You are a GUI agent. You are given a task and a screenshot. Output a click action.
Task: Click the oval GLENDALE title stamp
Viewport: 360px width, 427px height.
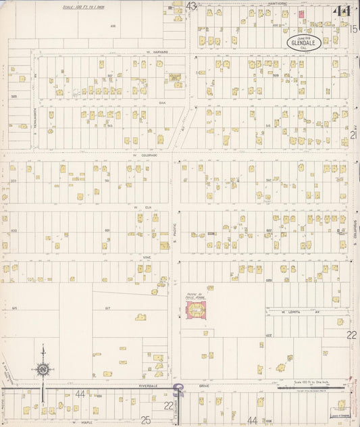point(301,42)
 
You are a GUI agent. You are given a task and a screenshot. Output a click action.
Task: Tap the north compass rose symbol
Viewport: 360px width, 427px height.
point(43,370)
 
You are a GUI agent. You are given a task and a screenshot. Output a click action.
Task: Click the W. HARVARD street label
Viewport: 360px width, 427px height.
point(157,52)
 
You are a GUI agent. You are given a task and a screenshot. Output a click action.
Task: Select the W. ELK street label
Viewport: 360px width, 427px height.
point(140,207)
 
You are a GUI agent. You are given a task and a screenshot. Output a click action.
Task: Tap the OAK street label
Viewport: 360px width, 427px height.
point(162,103)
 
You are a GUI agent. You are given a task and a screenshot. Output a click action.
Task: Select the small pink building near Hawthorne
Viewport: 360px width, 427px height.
point(301,14)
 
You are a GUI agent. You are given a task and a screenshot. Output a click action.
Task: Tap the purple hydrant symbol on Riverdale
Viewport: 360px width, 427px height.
point(178,390)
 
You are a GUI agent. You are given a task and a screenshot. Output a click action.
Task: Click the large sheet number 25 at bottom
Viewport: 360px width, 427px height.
point(145,420)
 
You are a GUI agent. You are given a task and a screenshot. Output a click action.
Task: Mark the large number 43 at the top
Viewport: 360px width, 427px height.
point(191,6)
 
